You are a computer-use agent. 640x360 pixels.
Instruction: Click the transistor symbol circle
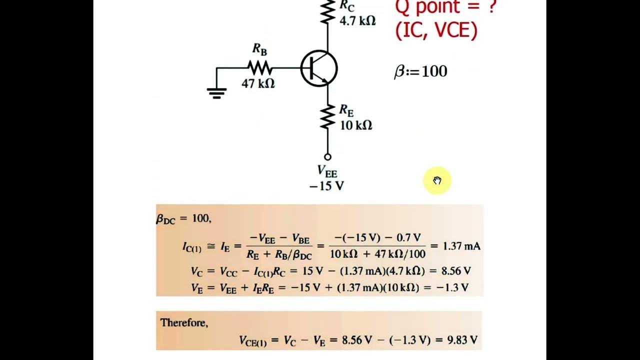tap(319, 68)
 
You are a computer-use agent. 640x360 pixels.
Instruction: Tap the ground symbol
tap(216, 92)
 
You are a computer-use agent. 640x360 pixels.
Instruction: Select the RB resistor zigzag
tap(260, 67)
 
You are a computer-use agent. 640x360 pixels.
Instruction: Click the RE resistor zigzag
tap(327, 117)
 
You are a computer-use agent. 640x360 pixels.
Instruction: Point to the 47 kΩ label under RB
tap(258, 83)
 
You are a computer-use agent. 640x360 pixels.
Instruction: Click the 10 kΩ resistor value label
tap(356, 125)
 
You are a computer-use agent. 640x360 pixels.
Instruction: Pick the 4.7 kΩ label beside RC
tap(357, 21)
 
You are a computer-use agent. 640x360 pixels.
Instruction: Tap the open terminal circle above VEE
tap(327, 157)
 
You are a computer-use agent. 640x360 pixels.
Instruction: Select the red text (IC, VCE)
tap(436, 31)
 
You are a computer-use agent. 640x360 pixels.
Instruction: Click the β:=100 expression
tap(420, 71)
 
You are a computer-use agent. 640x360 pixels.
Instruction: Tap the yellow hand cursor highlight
tap(437, 180)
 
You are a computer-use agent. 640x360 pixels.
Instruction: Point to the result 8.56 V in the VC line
tap(456, 271)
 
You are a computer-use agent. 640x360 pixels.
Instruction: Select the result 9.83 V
tap(462, 340)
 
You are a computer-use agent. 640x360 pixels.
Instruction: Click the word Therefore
tap(184, 323)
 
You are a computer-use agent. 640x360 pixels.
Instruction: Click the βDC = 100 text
tap(183, 218)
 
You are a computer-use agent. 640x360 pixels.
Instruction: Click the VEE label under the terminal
tap(327, 171)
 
